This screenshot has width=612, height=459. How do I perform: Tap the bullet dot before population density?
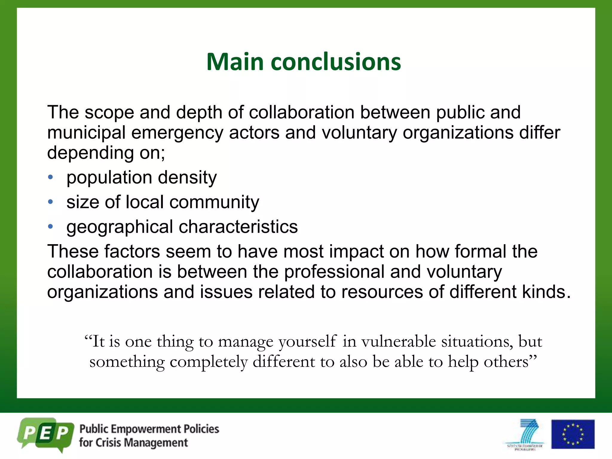(51, 177)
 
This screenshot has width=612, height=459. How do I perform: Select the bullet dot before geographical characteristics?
(51, 227)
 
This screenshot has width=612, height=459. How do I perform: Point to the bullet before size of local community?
(51, 202)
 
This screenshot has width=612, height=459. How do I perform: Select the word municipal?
(86, 133)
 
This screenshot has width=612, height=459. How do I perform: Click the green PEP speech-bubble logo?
(45, 434)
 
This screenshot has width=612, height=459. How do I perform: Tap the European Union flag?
(573, 434)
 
